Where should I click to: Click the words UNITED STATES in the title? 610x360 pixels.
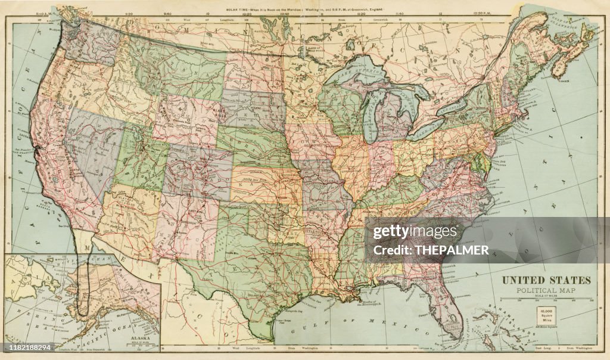pyautogui.click(x=546, y=281)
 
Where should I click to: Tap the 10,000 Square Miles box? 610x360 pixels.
pyautogui.click(x=546, y=315)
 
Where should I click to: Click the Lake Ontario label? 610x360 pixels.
pyautogui.click(x=451, y=107)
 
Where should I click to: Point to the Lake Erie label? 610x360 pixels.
pyautogui.click(x=425, y=129)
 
